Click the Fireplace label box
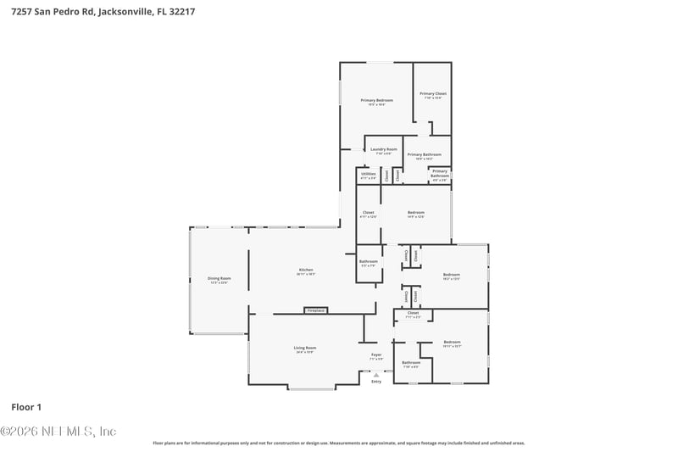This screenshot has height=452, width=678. click(315, 311)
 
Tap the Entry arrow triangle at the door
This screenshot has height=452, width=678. click(376, 374)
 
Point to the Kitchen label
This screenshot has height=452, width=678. click(306, 271)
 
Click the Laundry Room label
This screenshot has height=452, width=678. click(384, 149)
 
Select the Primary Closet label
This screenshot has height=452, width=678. click(433, 94)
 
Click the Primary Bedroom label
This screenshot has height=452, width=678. click(377, 101)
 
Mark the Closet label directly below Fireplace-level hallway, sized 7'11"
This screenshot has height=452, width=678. click(413, 314)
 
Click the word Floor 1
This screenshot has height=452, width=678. click(26, 407)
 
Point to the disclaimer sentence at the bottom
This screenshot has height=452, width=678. click(339, 443)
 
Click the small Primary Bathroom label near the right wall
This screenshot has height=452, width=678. click(440, 174)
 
